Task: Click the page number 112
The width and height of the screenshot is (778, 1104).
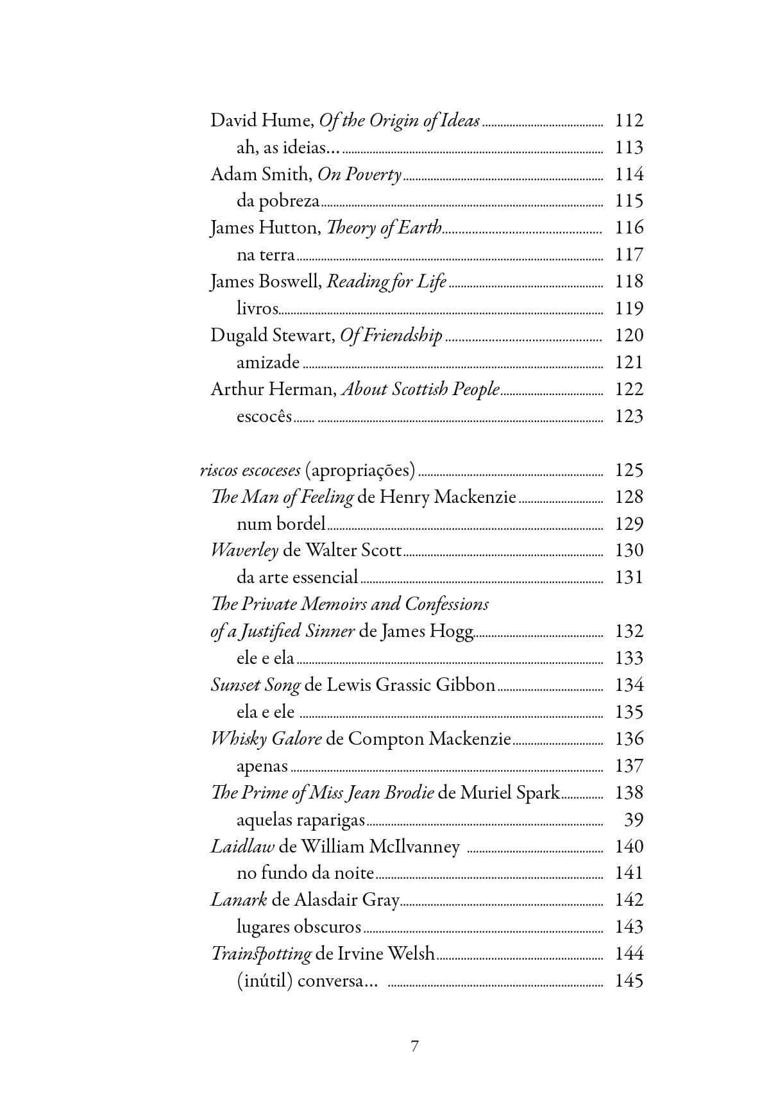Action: tap(629, 121)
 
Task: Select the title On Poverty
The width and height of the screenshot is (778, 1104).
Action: tap(359, 174)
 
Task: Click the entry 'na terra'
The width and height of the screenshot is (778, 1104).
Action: tap(266, 255)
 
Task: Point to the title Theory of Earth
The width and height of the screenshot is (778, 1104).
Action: tap(384, 228)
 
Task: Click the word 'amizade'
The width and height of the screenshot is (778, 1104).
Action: tap(268, 362)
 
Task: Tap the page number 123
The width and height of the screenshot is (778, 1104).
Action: tap(629, 416)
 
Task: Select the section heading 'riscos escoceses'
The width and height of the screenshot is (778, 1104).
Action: tap(250, 470)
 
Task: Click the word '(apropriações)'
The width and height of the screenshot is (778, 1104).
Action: tap(360, 470)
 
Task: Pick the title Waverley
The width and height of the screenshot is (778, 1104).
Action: tap(244, 550)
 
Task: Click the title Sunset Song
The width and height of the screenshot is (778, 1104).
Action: tap(255, 685)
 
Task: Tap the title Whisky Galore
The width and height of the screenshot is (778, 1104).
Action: tap(266, 739)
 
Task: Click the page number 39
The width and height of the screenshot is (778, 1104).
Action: tap(633, 820)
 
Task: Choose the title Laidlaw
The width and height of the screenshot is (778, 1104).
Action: tap(242, 847)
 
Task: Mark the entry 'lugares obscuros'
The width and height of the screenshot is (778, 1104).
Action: tap(299, 927)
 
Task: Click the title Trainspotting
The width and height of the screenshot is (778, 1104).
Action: tap(261, 954)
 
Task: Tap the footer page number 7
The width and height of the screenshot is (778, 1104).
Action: tap(414, 1046)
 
